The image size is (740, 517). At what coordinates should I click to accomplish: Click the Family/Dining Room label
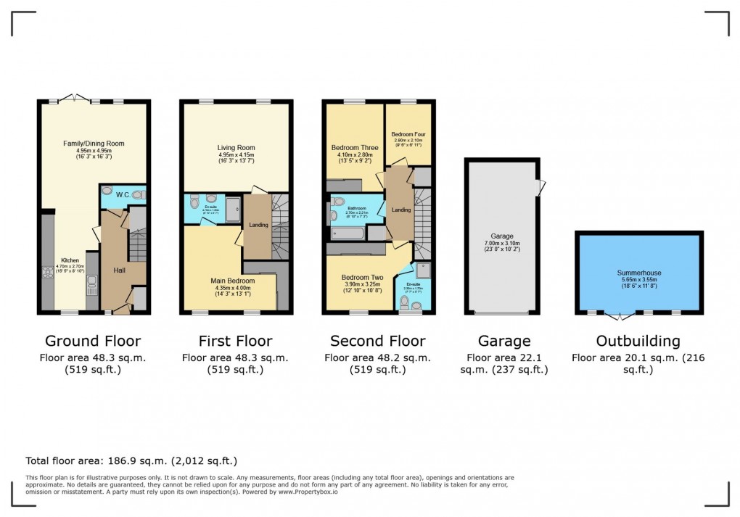pyautogui.click(x=94, y=144)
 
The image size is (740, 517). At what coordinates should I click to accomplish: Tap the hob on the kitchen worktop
pyautogui.click(x=48, y=273)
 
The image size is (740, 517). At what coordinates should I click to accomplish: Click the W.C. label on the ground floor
pyautogui.click(x=123, y=194)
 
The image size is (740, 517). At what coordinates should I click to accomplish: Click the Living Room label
pyautogui.click(x=236, y=147)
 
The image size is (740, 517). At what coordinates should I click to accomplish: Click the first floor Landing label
pyautogui.click(x=258, y=225)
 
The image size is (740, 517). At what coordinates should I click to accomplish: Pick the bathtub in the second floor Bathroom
pyautogui.click(x=348, y=233)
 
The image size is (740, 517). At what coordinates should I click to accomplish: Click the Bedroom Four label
pyautogui.click(x=407, y=134)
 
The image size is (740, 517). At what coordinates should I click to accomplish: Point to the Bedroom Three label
pyautogui.click(x=354, y=148)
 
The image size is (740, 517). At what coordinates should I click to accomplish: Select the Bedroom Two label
pyautogui.click(x=362, y=276)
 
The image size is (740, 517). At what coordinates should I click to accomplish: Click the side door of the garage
pyautogui.click(x=539, y=188)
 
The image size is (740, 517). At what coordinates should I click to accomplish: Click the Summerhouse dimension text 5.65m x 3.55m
pyautogui.click(x=639, y=281)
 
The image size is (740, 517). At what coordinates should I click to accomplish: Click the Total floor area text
pyautogui.click(x=131, y=460)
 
